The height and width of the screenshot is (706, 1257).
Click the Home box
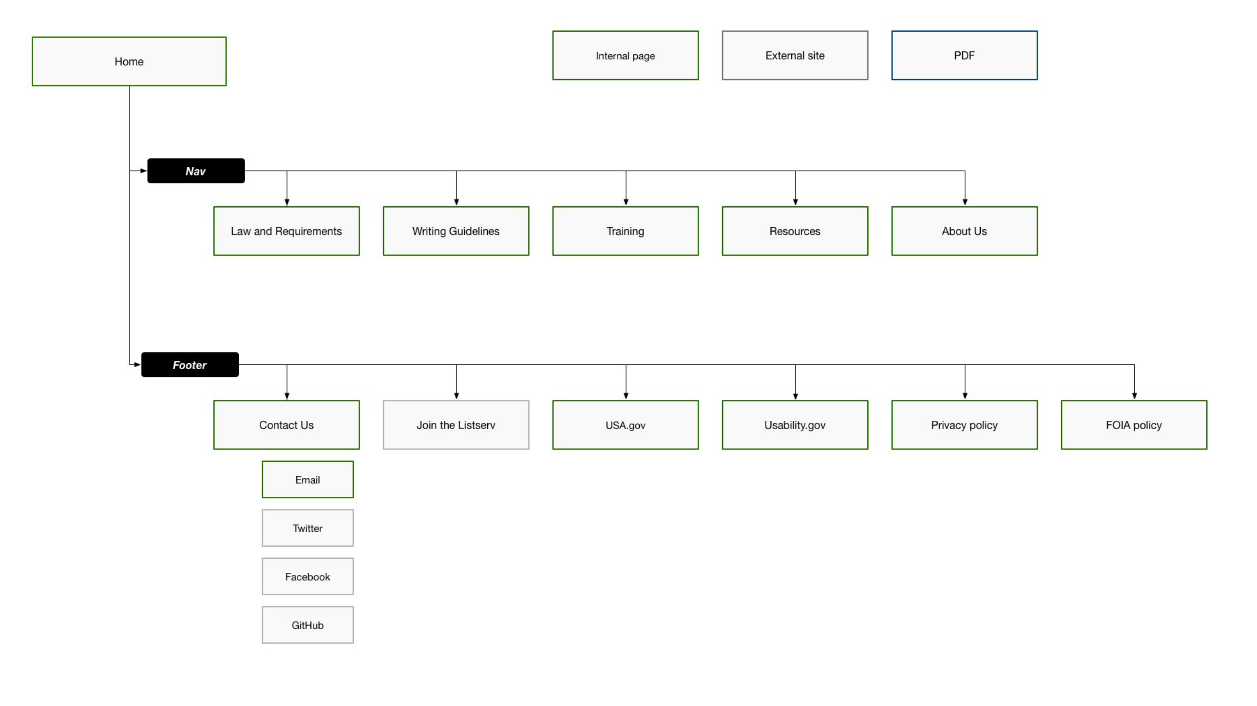(129, 61)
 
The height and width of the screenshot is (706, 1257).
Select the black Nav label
(196, 171)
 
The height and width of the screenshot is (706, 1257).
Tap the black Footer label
(190, 365)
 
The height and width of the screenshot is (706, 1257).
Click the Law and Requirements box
(286, 231)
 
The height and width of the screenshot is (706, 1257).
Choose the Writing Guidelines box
(456, 231)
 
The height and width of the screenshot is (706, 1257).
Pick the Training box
(625, 231)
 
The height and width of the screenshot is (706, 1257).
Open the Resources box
(795, 231)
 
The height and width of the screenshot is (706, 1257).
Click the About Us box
(964, 231)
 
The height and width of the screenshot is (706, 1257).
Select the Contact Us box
(286, 425)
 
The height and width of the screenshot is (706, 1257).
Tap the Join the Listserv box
(456, 425)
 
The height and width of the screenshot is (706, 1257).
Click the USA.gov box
(625, 425)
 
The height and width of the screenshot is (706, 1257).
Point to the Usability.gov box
(795, 425)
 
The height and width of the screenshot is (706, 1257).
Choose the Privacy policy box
(964, 425)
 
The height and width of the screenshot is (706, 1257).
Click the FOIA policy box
(1134, 425)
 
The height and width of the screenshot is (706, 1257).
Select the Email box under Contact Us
(307, 479)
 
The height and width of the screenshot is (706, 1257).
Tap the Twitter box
(307, 528)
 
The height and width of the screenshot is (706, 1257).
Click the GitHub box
(307, 625)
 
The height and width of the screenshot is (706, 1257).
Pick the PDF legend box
(964, 55)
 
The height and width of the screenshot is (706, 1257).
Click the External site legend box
(795, 55)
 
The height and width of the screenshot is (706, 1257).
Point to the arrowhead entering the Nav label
(143, 171)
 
